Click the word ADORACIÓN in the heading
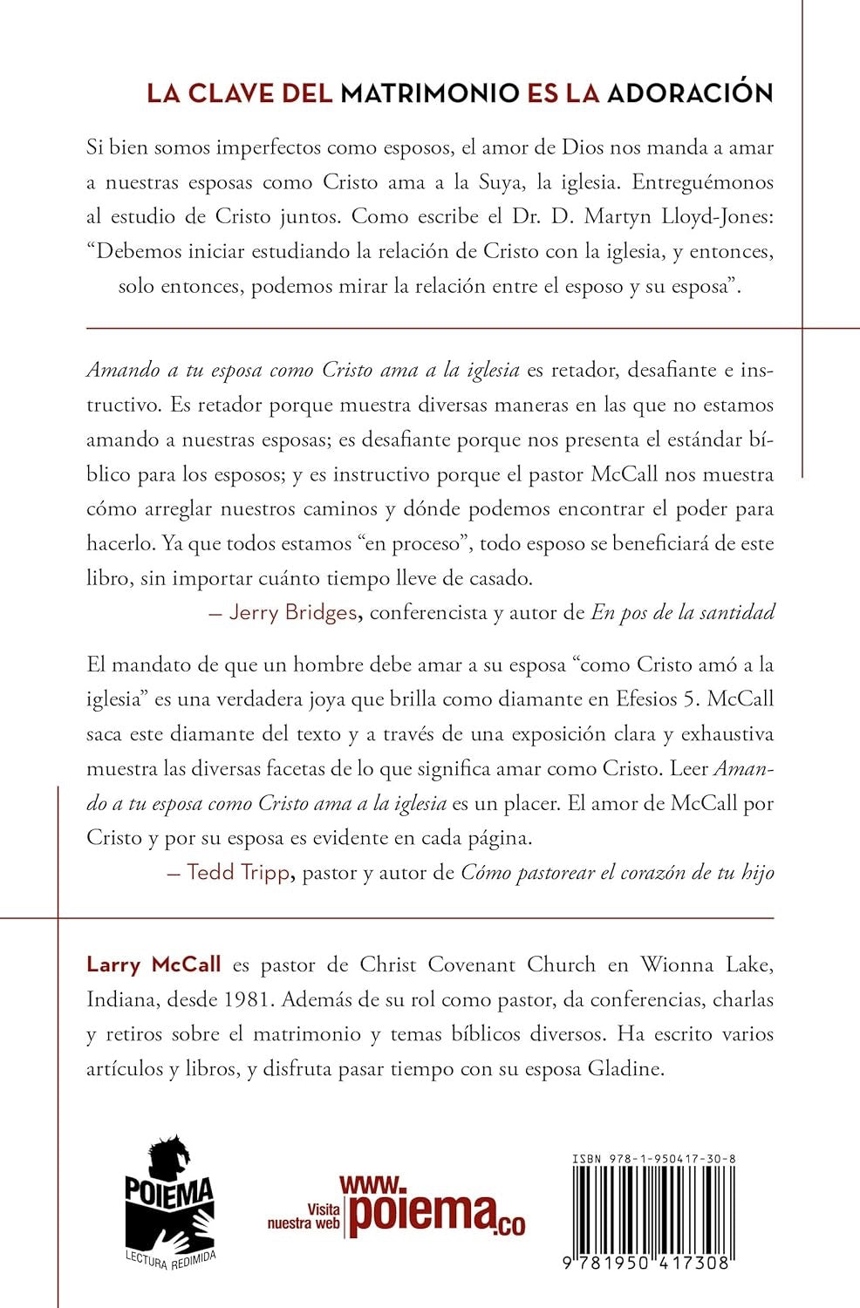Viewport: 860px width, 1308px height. (690, 93)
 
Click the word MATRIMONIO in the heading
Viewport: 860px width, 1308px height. (430, 93)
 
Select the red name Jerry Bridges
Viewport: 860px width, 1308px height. (292, 612)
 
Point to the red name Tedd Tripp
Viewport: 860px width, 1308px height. (238, 872)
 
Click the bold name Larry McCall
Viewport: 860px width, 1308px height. (154, 964)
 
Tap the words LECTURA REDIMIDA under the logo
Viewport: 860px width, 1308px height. (171, 1257)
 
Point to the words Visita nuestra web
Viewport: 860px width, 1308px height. (304, 1216)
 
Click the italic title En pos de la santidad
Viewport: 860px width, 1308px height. (683, 612)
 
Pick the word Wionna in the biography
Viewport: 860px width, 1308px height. (674, 964)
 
